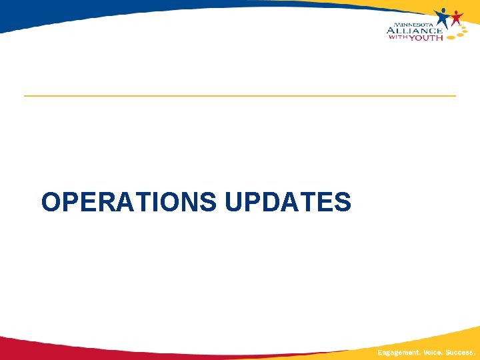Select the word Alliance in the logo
click(413, 29)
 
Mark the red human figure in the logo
click(456, 19)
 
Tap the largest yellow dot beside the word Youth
click(451, 37)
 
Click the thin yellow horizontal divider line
click(240, 96)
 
